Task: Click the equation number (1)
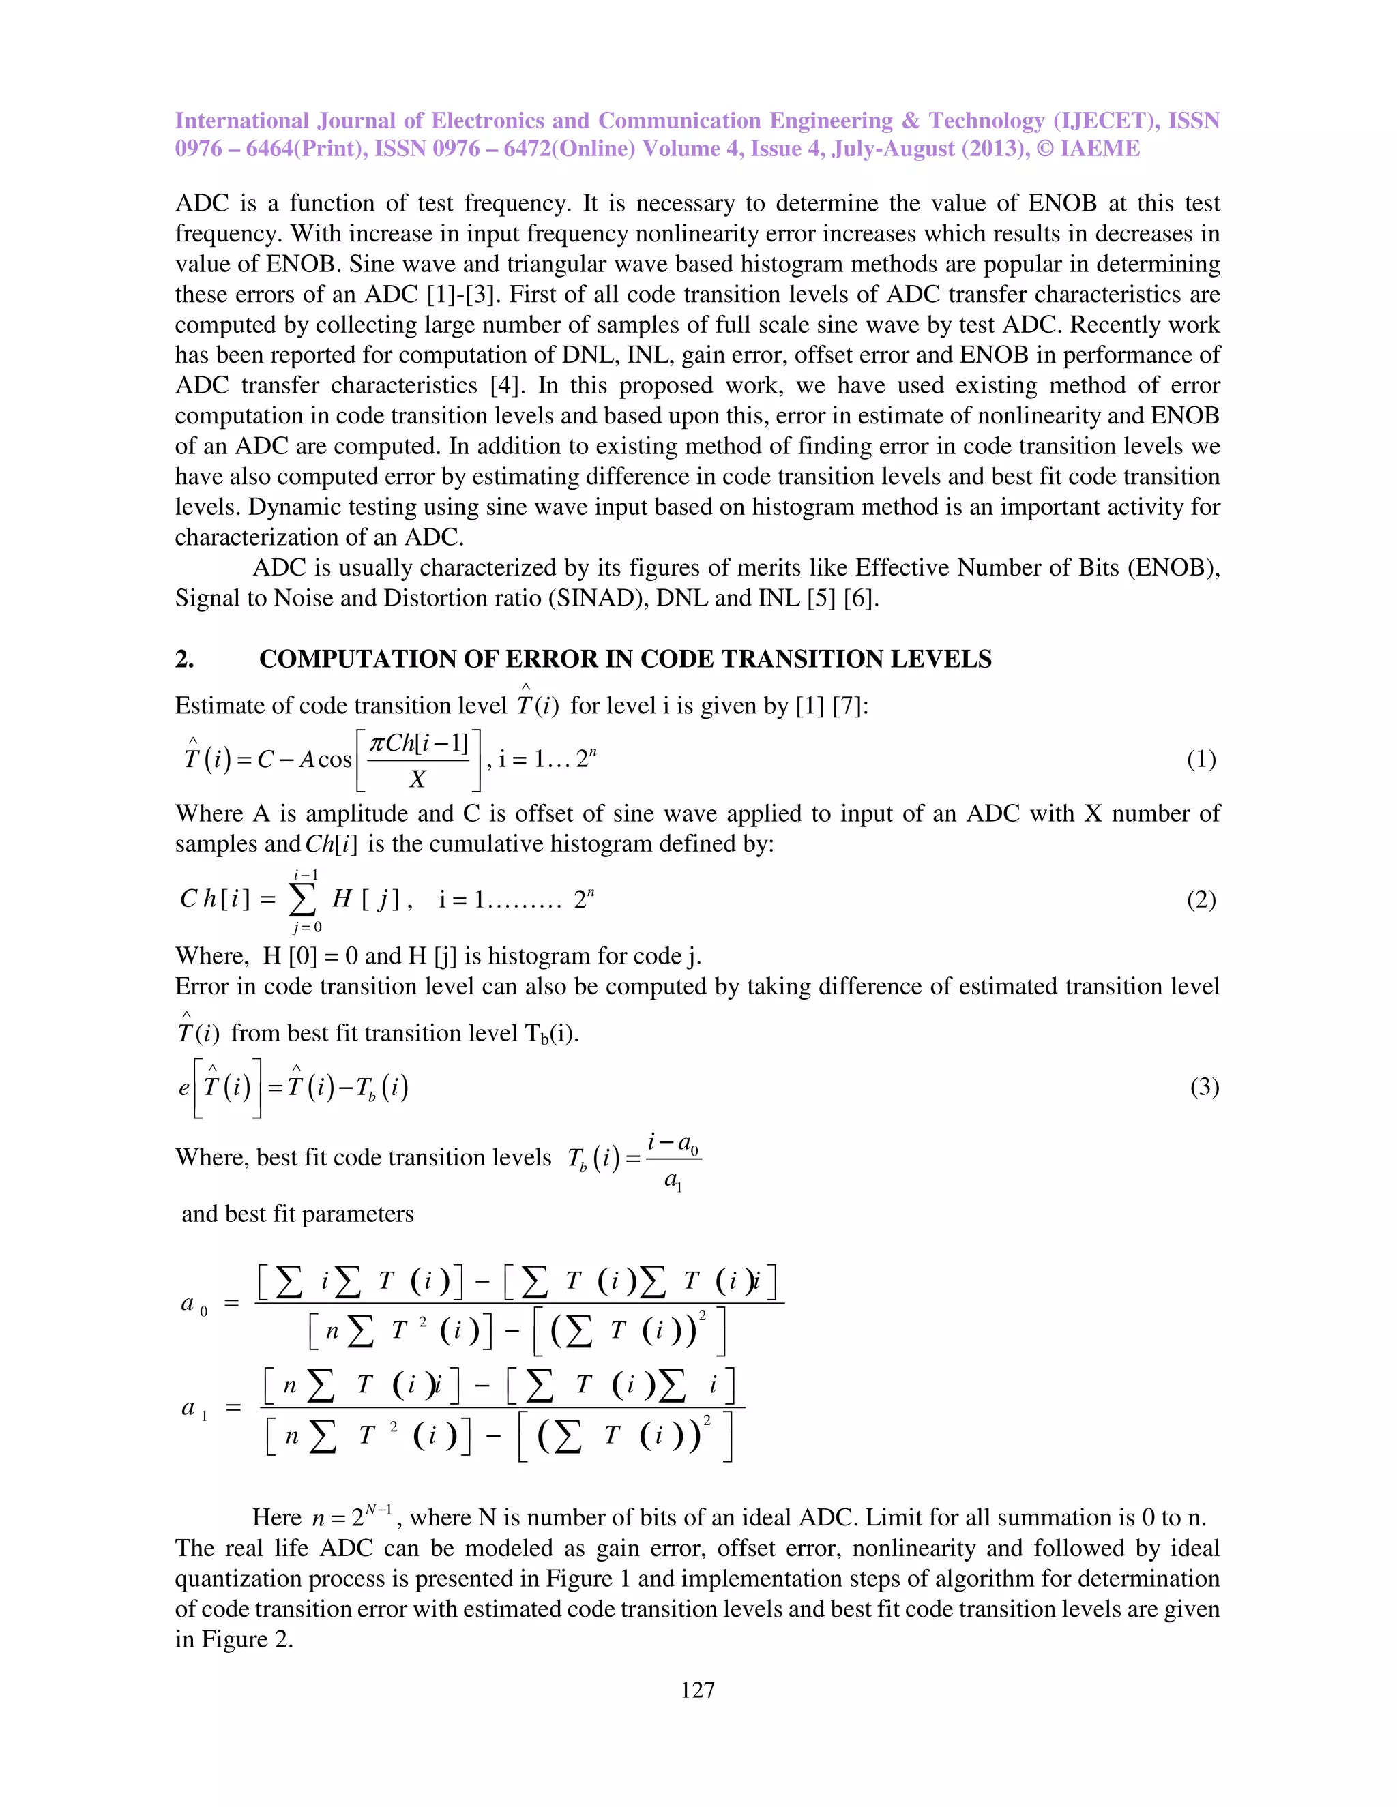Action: tap(1201, 759)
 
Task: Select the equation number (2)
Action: tap(1201, 899)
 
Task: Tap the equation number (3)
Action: tap(1204, 1086)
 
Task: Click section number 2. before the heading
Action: tap(185, 659)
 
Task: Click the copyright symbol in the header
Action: tap(1044, 149)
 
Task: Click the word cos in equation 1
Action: tap(334, 760)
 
